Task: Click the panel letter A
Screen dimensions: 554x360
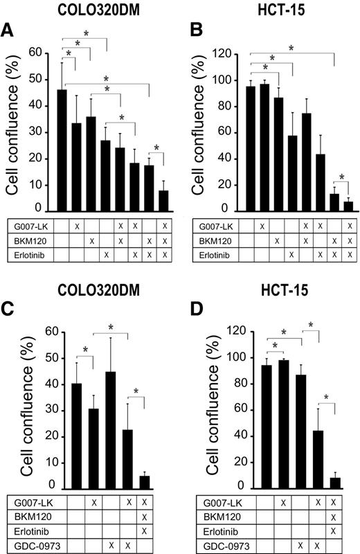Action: pos(9,30)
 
